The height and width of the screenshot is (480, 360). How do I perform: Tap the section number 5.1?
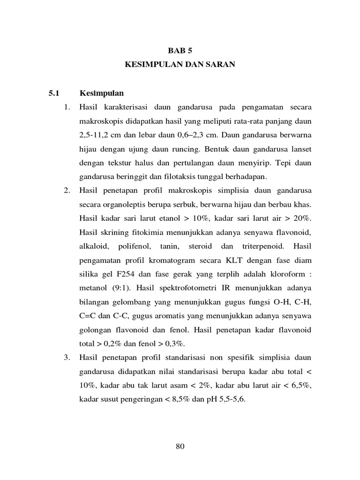(x=54, y=93)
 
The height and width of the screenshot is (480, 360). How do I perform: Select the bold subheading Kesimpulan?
(x=102, y=93)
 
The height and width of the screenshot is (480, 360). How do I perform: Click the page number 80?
(x=180, y=446)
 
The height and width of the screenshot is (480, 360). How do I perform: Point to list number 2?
(x=67, y=191)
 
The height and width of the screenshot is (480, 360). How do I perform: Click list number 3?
(x=67, y=358)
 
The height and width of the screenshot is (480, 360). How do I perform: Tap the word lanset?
(x=301, y=149)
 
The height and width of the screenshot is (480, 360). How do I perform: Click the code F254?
(x=123, y=274)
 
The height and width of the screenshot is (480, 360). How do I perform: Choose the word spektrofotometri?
(x=177, y=288)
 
